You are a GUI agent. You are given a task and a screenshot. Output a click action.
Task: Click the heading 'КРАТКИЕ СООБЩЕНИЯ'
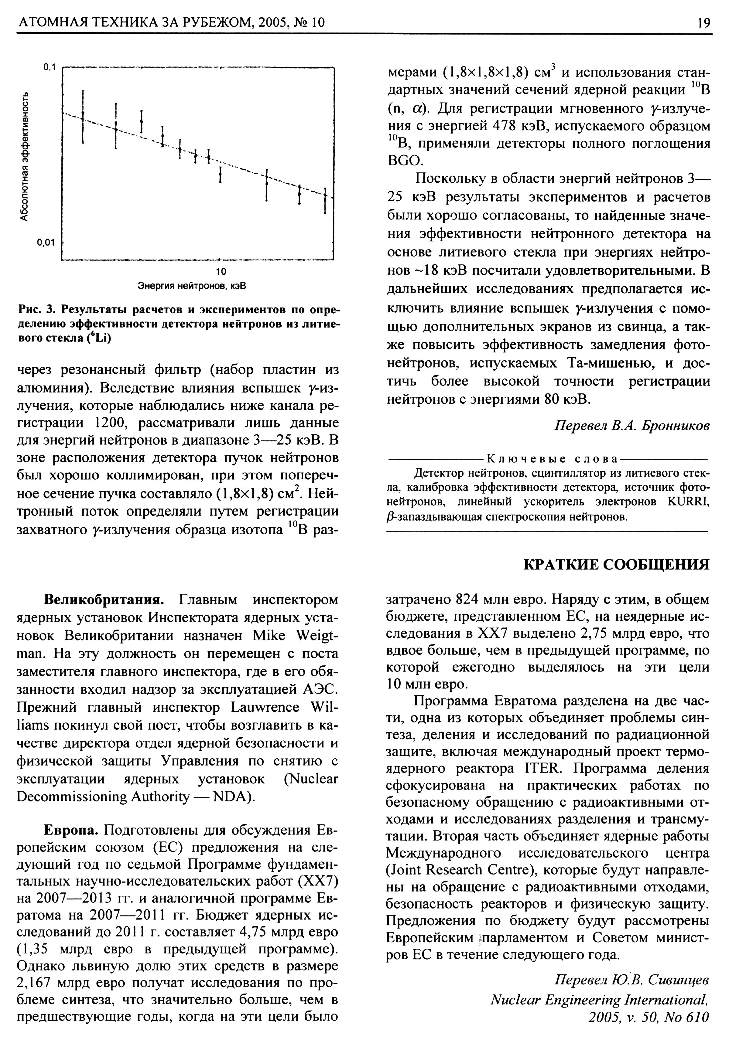616,565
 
